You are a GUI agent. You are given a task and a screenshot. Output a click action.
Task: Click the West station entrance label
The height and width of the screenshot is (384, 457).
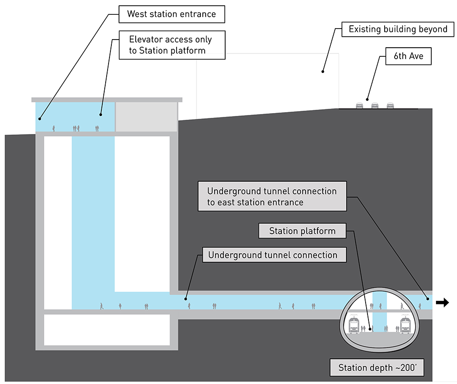coord(171,14)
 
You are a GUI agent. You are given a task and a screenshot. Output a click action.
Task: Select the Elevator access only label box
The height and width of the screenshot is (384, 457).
coord(171,45)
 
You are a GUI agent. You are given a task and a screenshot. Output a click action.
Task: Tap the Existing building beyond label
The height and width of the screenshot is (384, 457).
coord(397,30)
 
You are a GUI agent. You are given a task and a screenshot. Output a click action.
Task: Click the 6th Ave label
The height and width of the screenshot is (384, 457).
coord(405,56)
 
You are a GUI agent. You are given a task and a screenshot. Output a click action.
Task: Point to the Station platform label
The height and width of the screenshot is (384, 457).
coord(302,231)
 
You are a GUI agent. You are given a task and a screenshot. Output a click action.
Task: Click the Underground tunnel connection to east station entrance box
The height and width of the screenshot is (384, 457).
coord(272,197)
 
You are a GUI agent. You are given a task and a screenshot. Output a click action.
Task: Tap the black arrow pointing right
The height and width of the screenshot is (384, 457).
coord(442,302)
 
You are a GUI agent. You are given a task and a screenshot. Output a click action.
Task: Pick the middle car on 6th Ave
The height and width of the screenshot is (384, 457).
coord(375,105)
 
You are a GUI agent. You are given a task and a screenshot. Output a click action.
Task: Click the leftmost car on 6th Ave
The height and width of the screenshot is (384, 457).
coord(360,105)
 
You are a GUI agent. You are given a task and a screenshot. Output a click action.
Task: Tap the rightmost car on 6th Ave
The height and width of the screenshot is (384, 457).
coord(390,105)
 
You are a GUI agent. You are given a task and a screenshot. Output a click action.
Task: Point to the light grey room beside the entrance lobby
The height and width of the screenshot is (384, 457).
coord(146,117)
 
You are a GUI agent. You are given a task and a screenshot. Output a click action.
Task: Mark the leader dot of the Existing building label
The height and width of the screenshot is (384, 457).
coord(323,72)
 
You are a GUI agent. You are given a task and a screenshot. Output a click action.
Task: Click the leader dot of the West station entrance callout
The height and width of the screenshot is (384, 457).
coord(40,118)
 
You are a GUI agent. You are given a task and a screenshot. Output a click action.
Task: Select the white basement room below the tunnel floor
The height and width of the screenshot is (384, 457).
coord(107,330)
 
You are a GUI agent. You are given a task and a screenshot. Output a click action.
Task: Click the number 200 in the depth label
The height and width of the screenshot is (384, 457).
coord(396,368)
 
